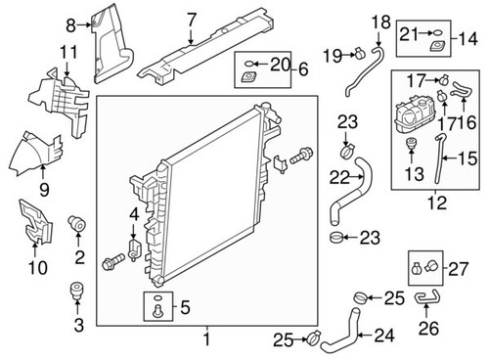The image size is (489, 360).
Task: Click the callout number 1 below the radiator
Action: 206,339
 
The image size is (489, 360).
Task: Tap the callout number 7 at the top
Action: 193,18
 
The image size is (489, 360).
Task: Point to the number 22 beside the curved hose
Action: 339,177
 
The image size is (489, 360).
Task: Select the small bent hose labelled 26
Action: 427,297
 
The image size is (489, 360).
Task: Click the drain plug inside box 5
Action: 155,311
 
